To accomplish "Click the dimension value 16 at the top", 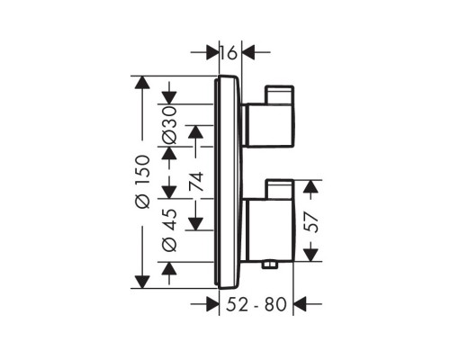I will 230,53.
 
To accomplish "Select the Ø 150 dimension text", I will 140,183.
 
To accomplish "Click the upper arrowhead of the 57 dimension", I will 310,187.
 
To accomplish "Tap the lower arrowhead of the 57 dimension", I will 310,255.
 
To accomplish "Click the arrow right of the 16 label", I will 249,53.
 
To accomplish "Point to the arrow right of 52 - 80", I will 302,304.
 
